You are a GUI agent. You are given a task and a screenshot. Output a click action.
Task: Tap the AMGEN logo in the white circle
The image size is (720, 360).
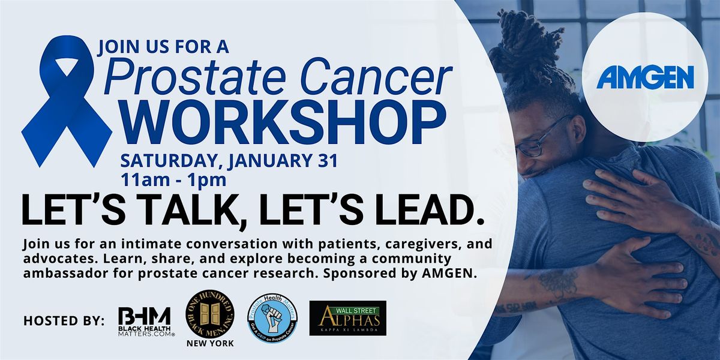(645, 77)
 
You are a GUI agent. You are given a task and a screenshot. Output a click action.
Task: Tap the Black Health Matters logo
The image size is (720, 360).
(144, 321)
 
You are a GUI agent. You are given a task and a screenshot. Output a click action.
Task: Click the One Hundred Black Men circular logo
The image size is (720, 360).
(209, 316)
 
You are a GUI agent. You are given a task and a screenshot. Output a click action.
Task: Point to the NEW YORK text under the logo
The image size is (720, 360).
(210, 343)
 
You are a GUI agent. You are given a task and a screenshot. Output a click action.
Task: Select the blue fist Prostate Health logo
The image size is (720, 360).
(272, 319)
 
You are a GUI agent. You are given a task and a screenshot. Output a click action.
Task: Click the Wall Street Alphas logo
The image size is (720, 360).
(347, 317)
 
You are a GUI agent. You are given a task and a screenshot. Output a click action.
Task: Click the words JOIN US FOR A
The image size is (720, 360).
(163, 46)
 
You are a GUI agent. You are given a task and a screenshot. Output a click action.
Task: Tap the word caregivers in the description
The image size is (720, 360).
(370, 245)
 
